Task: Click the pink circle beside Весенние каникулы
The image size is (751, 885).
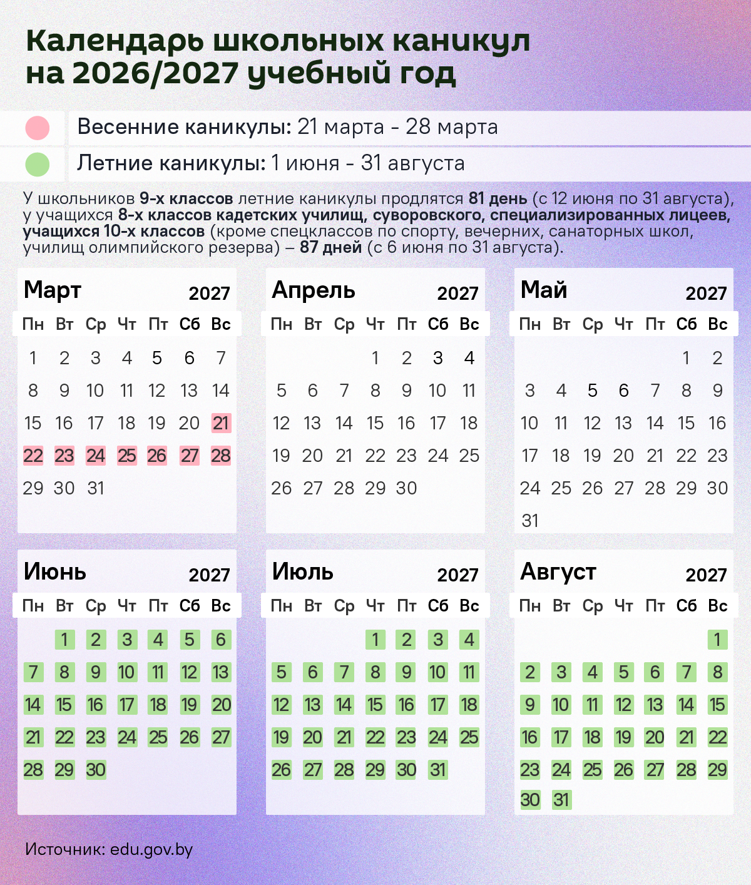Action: tap(38, 128)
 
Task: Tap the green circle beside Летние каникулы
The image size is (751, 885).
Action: tap(38, 164)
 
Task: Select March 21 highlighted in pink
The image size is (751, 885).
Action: tap(221, 423)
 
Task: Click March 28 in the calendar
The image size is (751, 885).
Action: tap(221, 456)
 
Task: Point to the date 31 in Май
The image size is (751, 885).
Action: tap(530, 521)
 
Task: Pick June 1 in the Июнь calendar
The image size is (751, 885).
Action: tap(64, 640)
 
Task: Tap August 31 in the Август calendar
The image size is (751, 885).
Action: tap(561, 800)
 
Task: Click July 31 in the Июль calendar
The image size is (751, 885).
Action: tap(438, 770)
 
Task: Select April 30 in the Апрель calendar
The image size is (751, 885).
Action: tap(407, 488)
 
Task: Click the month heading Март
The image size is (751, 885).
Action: tap(53, 290)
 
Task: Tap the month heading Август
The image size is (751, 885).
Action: tap(558, 572)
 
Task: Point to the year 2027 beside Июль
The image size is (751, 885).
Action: tap(457, 575)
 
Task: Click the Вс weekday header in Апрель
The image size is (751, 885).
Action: tap(469, 324)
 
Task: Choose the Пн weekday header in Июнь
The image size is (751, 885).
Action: tap(33, 606)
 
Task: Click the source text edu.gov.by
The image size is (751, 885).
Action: tap(151, 849)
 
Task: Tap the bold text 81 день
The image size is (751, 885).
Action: tap(498, 199)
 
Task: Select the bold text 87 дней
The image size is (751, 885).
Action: tap(330, 247)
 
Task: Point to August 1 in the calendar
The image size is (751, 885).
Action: tap(718, 640)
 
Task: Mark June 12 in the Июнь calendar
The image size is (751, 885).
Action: tap(190, 672)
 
